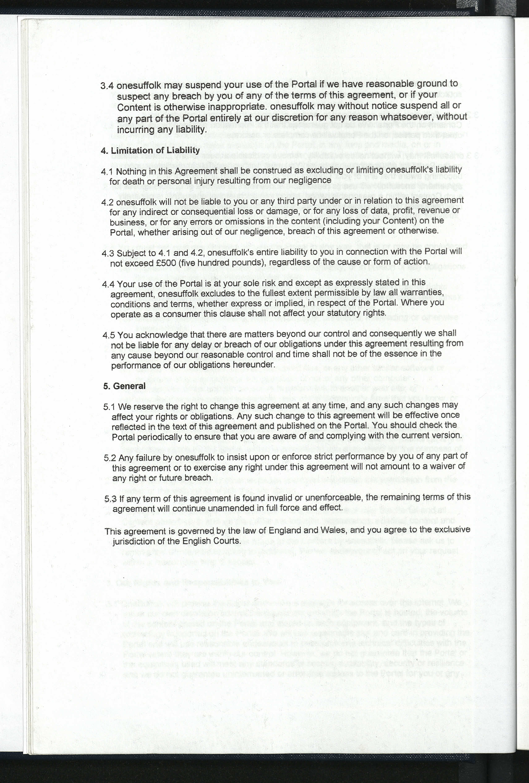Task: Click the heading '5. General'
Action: click(x=124, y=386)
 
